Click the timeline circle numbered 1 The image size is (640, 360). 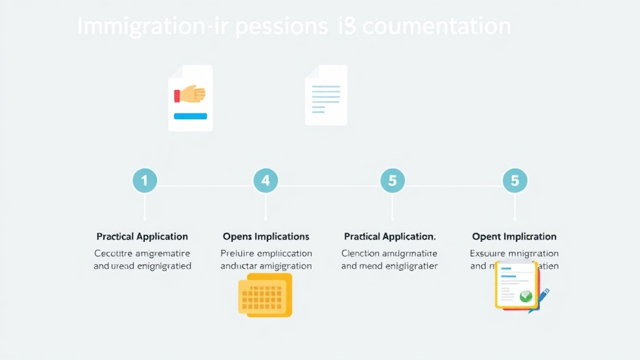click(x=144, y=181)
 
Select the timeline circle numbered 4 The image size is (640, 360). click(x=266, y=181)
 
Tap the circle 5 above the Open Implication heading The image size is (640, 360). click(x=515, y=181)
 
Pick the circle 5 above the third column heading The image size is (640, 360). click(x=392, y=181)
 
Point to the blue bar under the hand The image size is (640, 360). click(x=191, y=116)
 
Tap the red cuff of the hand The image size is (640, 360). click(x=177, y=96)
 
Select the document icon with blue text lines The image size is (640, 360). click(x=326, y=95)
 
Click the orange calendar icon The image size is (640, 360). click(x=265, y=295)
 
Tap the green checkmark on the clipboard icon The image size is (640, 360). click(x=526, y=296)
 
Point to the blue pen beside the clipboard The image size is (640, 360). click(x=539, y=299)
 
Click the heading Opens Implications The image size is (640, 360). click(x=266, y=237)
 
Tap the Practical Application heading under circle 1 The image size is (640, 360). click(x=142, y=237)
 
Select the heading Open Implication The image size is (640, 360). click(x=514, y=237)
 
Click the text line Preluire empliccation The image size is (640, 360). click(x=266, y=254)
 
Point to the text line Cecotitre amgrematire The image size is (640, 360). click(x=142, y=254)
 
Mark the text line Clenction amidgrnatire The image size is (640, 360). click(x=389, y=254)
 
